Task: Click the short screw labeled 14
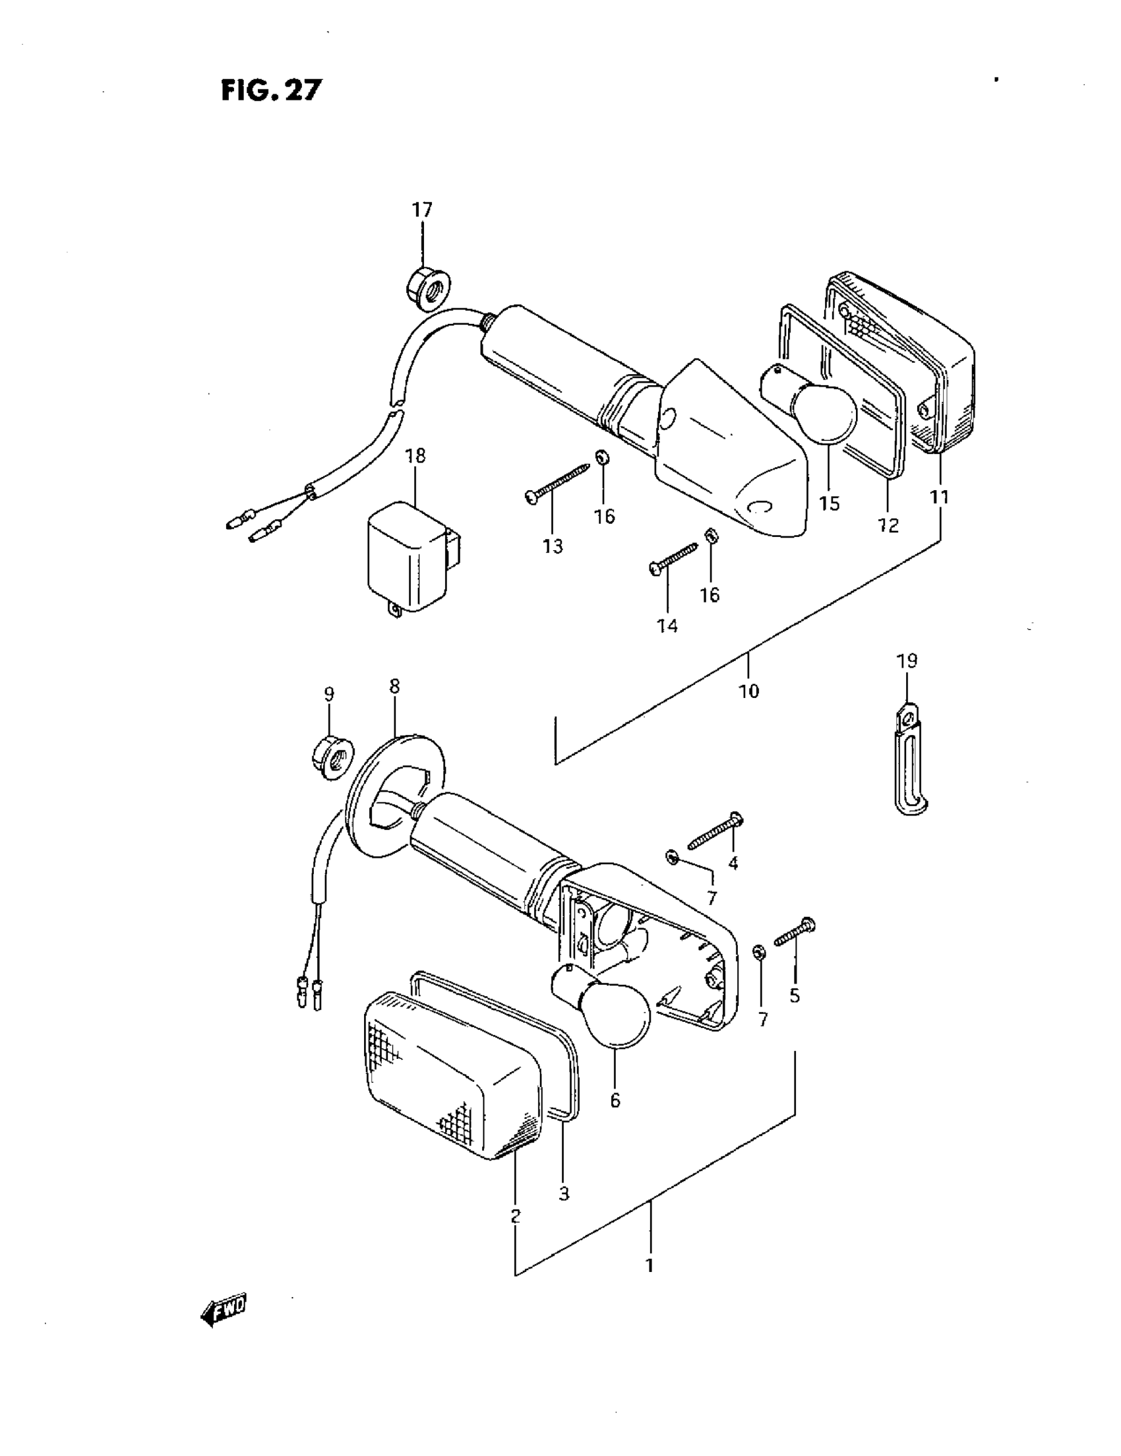point(673,559)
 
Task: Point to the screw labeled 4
point(715,831)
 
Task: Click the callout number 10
point(748,691)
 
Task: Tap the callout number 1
point(649,1265)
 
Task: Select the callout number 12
point(888,526)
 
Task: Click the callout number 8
point(394,686)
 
